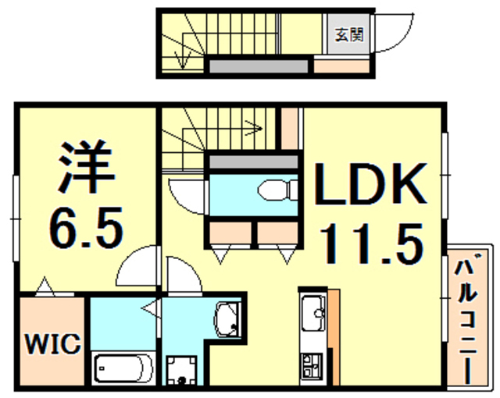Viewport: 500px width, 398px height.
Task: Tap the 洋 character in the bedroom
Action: point(85,166)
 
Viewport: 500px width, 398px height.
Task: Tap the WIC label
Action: point(52,343)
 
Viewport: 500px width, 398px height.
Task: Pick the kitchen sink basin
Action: point(314,312)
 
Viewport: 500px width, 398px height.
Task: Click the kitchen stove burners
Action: point(312,363)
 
